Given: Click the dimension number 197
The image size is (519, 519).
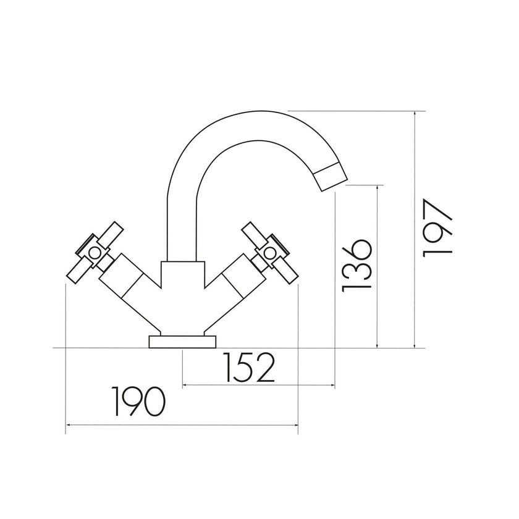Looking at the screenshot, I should coord(438,229).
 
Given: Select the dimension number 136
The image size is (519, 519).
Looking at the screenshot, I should coord(357,266).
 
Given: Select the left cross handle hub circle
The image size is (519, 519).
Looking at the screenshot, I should coord(94,252).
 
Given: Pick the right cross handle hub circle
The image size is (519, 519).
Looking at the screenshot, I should coord(269,252).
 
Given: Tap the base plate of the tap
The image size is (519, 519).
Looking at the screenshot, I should coord(182,342).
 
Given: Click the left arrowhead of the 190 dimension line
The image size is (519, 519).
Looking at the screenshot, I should coord(68,425).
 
